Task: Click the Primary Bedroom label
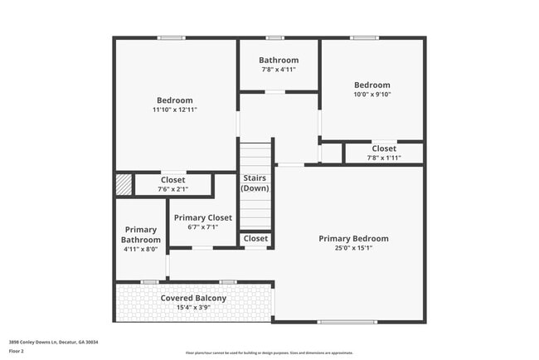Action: [353, 238]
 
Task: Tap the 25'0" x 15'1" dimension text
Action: [353, 248]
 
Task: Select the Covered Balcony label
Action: [193, 298]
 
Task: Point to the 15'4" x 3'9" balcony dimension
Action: [193, 307]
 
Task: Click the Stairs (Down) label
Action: [255, 183]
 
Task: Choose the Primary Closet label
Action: [203, 217]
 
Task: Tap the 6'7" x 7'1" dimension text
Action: [203, 226]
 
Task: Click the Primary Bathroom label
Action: [141, 235]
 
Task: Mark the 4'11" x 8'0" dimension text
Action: [141, 249]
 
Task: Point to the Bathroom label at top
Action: [279, 60]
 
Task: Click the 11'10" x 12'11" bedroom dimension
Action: [174, 109]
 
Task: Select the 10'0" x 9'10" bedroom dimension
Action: [371, 94]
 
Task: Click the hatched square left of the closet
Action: [124, 183]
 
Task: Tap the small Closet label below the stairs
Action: [255, 239]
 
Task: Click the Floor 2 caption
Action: [17, 351]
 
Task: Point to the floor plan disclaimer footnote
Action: [269, 353]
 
